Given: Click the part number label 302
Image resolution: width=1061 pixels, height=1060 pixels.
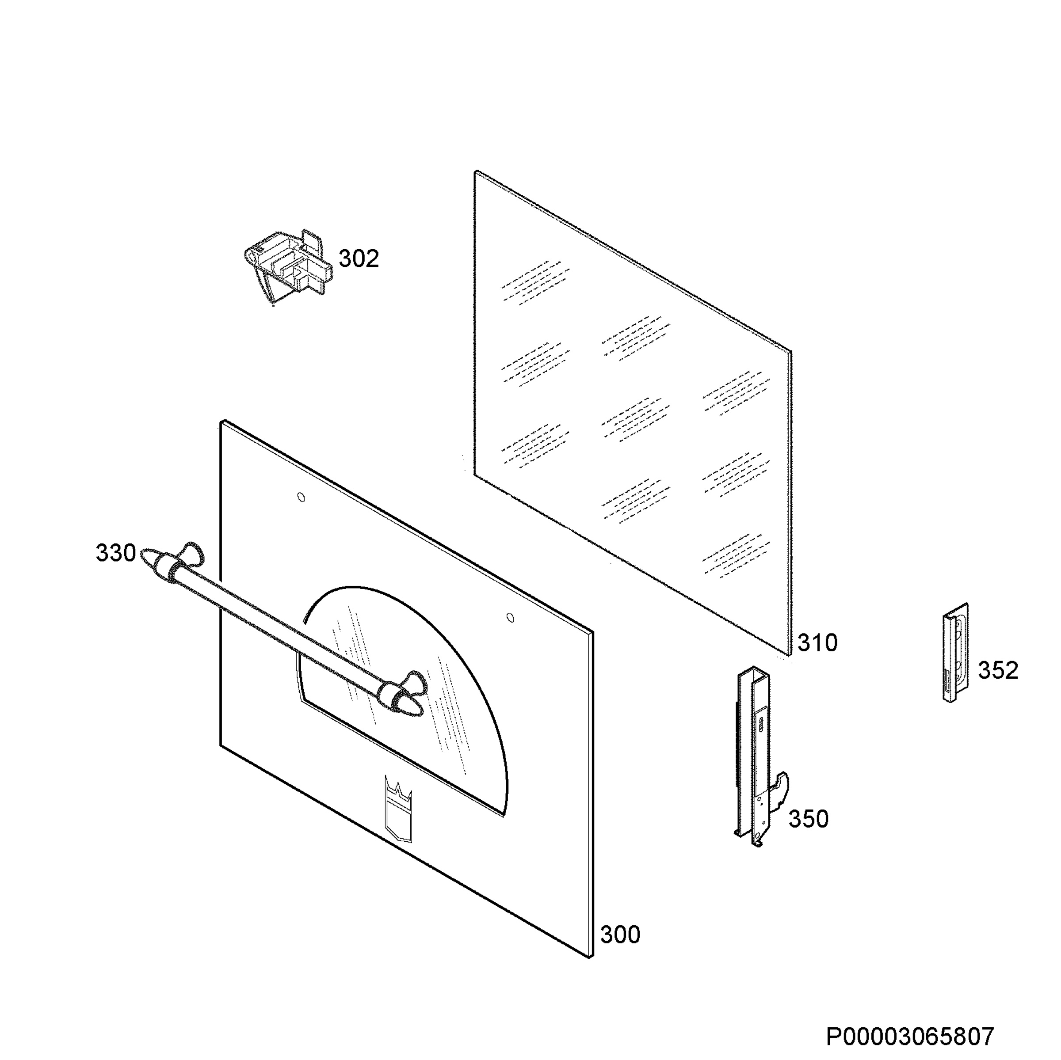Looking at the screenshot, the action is pyautogui.click(x=359, y=258).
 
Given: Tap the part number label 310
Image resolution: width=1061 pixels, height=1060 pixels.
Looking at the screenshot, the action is pyautogui.click(x=818, y=643).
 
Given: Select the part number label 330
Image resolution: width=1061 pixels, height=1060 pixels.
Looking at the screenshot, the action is pyautogui.click(x=116, y=553).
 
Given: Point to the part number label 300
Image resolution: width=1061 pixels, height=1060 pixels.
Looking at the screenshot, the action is pyautogui.click(x=620, y=935).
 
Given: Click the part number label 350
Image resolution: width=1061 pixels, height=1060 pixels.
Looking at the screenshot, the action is pyautogui.click(x=809, y=819).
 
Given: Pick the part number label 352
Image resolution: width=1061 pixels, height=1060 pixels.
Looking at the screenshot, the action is pyautogui.click(x=998, y=670).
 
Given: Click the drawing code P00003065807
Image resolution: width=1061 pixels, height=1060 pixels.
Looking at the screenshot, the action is pyautogui.click(x=910, y=1037).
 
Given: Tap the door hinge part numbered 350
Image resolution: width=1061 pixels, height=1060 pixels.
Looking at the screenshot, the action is pyautogui.click(x=760, y=757).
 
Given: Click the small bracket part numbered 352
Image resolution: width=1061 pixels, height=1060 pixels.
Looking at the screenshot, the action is pyautogui.click(x=955, y=653).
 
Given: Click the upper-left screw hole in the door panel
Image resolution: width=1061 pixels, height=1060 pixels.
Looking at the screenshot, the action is pyautogui.click(x=301, y=498).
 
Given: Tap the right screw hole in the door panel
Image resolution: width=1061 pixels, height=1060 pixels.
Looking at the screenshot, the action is pyautogui.click(x=510, y=618).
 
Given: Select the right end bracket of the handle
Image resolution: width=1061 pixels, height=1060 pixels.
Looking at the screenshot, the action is pyautogui.click(x=404, y=693).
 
